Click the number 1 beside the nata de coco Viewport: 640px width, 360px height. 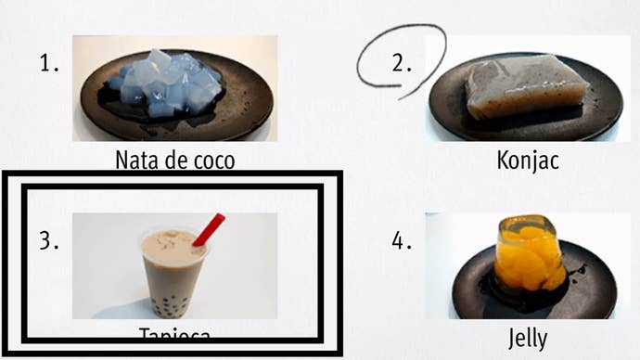[x=49, y=64]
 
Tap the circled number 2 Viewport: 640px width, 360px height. [x=402, y=64]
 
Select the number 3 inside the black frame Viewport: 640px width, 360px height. [x=49, y=241]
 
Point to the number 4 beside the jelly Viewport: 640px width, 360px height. [x=402, y=241]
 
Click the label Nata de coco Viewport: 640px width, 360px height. [x=174, y=161]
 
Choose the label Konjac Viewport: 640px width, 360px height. [x=528, y=161]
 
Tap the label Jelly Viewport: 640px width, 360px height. [x=528, y=336]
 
